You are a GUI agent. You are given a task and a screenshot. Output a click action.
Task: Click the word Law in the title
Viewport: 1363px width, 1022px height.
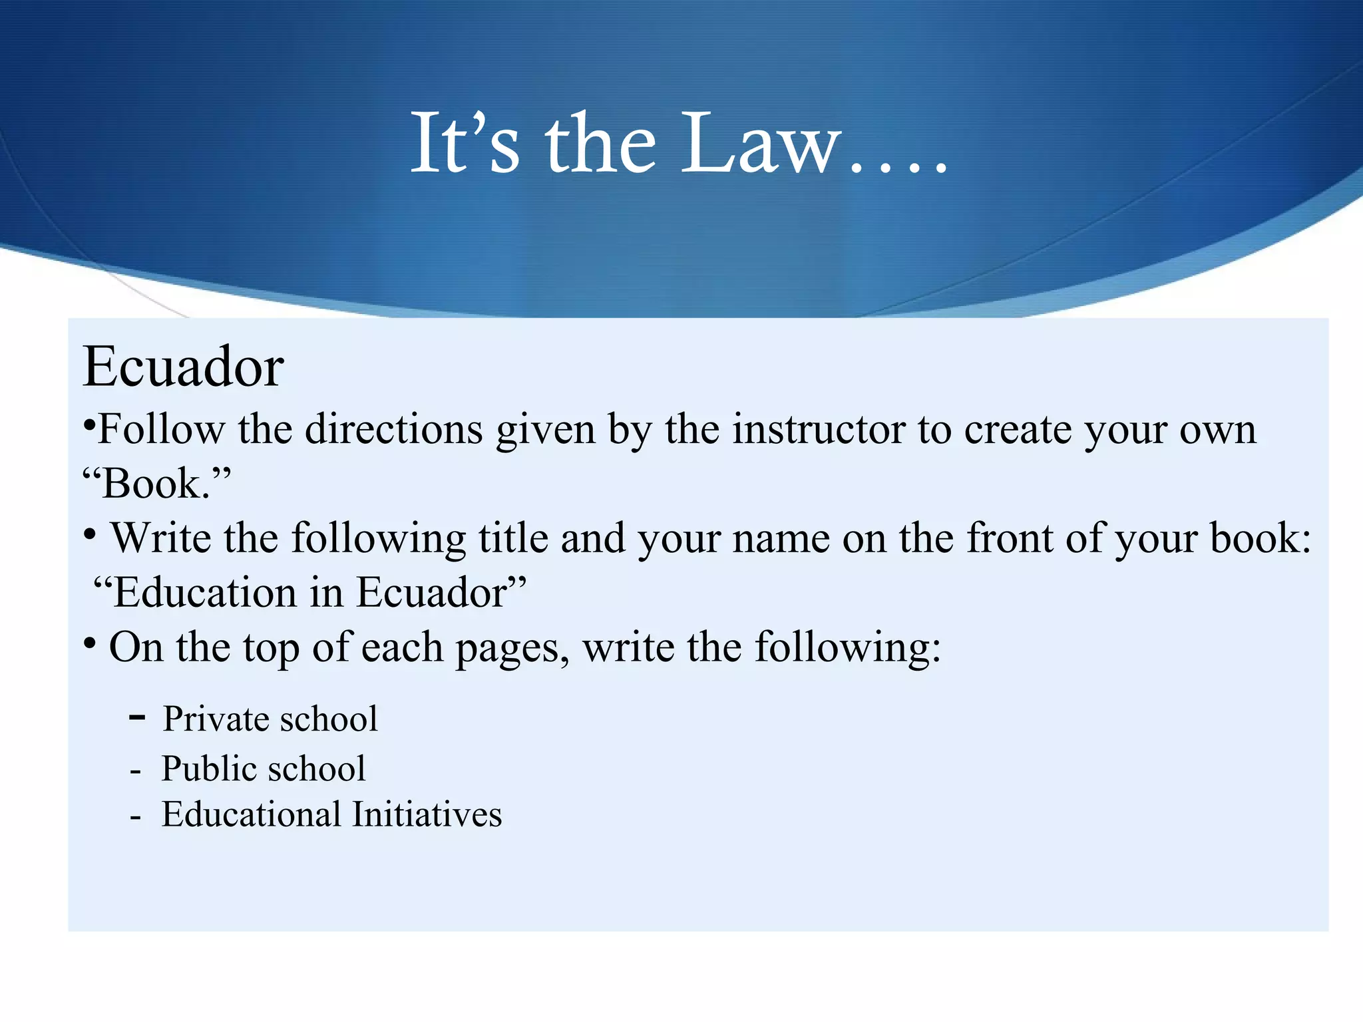759,144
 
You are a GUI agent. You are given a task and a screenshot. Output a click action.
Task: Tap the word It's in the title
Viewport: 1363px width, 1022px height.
464,144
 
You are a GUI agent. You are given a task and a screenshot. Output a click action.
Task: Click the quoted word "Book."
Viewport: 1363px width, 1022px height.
157,483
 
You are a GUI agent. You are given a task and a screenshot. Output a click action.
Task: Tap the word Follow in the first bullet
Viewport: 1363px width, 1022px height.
162,429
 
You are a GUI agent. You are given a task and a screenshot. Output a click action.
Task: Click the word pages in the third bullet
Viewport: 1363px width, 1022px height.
511,647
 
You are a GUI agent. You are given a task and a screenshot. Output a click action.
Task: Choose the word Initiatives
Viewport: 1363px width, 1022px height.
427,814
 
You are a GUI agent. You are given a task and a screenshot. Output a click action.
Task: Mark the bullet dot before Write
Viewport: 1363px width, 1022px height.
91,534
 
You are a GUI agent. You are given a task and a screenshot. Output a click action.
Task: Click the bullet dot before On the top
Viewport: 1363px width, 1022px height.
91,643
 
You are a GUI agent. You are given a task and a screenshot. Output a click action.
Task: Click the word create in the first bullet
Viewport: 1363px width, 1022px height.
1018,430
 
